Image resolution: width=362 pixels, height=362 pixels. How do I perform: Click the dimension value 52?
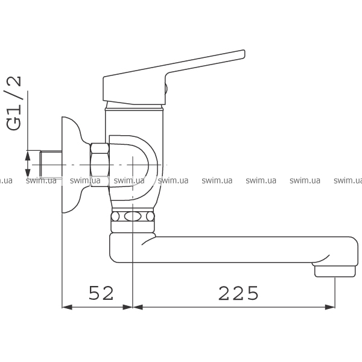click(101, 293)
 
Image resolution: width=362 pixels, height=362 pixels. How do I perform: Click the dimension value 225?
click(238, 293)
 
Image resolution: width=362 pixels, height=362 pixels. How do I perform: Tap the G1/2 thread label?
click(14, 103)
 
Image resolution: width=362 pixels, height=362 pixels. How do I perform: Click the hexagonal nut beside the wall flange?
click(100, 165)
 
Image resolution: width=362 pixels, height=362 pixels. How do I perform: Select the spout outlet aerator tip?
click(335, 271)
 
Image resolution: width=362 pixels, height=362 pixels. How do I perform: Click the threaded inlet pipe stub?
click(51, 164)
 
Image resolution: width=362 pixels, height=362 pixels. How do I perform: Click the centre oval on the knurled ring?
click(133, 217)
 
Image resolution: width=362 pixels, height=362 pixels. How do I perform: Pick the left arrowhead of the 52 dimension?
click(67, 307)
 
